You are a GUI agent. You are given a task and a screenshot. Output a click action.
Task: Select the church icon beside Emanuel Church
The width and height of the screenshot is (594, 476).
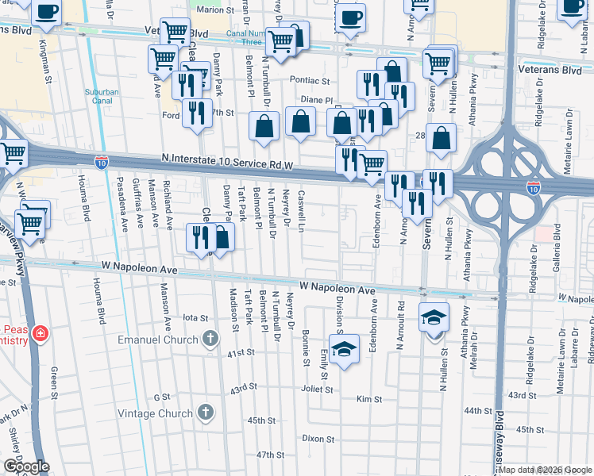click(210, 339)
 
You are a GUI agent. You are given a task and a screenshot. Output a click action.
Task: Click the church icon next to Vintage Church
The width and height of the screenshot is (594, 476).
click(206, 413)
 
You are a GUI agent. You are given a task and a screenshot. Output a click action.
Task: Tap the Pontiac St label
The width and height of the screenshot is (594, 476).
click(309, 80)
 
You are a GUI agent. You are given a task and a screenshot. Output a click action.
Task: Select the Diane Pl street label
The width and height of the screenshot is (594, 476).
click(315, 100)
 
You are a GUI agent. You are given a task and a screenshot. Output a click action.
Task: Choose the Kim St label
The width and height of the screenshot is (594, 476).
click(370, 398)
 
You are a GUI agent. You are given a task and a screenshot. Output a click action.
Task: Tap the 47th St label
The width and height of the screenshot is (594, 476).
click(271, 455)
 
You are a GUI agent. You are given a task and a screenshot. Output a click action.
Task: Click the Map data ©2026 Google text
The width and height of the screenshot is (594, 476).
click(545, 470)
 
